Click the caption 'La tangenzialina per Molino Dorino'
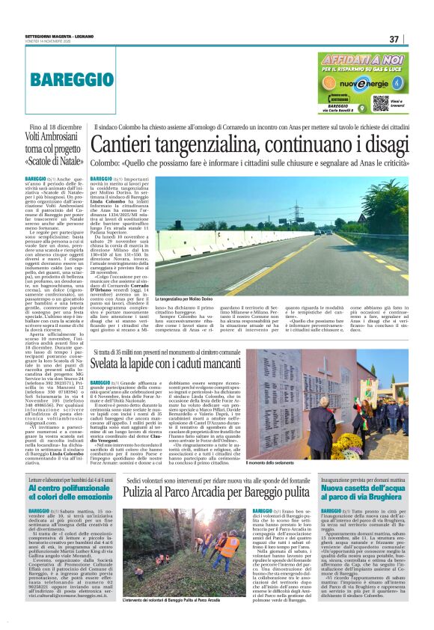192,278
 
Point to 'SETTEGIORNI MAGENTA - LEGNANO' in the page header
57,37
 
